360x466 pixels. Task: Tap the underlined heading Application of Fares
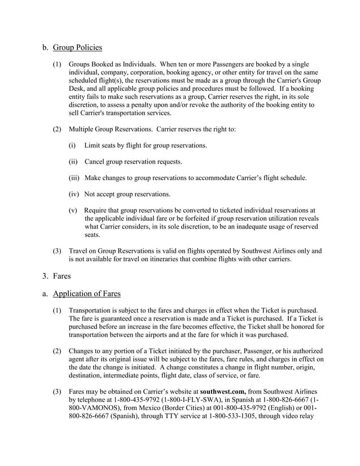86,293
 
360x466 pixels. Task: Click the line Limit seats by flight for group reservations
145,146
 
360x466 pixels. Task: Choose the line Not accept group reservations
127,195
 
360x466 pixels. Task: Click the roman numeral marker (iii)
74,178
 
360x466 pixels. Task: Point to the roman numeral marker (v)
73,210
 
